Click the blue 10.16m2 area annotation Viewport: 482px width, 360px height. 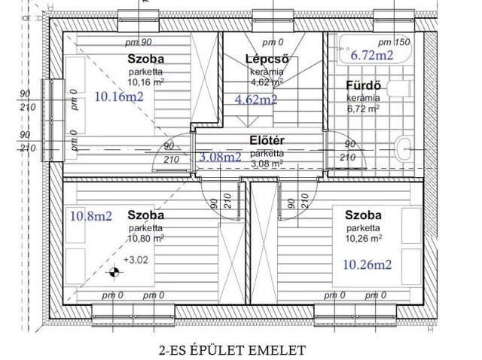tap(119, 97)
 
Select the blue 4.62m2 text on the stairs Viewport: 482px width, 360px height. tap(256, 99)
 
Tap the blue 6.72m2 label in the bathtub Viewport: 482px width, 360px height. tap(372, 55)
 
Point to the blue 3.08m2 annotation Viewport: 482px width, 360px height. tap(220, 157)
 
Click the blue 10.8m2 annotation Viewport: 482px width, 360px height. tap(91, 216)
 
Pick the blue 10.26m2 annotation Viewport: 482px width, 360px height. tap(367, 264)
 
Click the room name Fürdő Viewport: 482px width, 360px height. tap(364, 85)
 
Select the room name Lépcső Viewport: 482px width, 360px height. tap(267, 59)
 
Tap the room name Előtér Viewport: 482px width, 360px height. tap(267, 141)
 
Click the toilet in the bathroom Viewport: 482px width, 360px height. tap(398, 89)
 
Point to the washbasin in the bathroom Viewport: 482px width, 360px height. tap(403, 149)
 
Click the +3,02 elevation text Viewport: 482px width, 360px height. tap(136, 260)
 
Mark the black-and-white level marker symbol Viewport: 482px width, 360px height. tap(114, 272)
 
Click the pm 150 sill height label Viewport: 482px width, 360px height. tap(394, 42)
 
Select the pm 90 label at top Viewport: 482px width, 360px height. tap(139, 42)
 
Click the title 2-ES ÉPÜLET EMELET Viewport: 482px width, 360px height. tap(233, 350)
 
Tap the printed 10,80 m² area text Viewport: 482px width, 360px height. tap(145, 238)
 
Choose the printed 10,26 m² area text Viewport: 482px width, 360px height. tap(364, 238)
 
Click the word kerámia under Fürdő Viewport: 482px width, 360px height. tap(363, 98)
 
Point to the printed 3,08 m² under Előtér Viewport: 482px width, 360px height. tap(267, 164)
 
